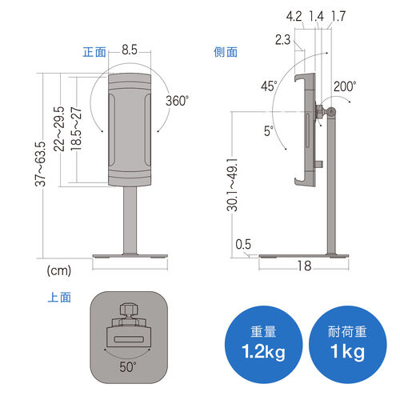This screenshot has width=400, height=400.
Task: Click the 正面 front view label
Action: tap(95, 52)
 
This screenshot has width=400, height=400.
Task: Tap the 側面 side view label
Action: tap(226, 52)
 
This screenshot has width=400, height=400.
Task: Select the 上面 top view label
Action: tap(60, 298)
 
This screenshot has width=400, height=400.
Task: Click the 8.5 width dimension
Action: tap(130, 50)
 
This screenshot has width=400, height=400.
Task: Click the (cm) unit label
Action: tap(59, 270)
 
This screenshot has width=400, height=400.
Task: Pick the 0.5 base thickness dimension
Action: tap(244, 245)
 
